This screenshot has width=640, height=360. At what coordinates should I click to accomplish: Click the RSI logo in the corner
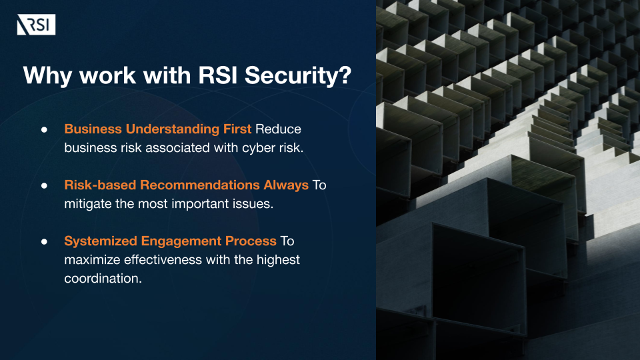(36, 26)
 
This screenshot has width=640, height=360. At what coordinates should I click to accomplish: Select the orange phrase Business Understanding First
(158, 129)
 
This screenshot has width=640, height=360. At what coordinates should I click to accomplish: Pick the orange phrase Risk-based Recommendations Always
(187, 185)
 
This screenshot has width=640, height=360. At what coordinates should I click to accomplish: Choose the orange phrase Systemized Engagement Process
(170, 241)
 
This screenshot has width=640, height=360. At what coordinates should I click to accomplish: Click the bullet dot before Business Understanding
(45, 129)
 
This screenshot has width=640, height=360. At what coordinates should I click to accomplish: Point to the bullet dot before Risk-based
(45, 185)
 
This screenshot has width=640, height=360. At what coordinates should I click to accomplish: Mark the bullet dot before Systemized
(45, 241)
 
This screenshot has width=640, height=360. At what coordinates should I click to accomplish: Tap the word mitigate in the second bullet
(86, 204)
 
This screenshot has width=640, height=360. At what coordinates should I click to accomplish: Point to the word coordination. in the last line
(103, 279)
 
